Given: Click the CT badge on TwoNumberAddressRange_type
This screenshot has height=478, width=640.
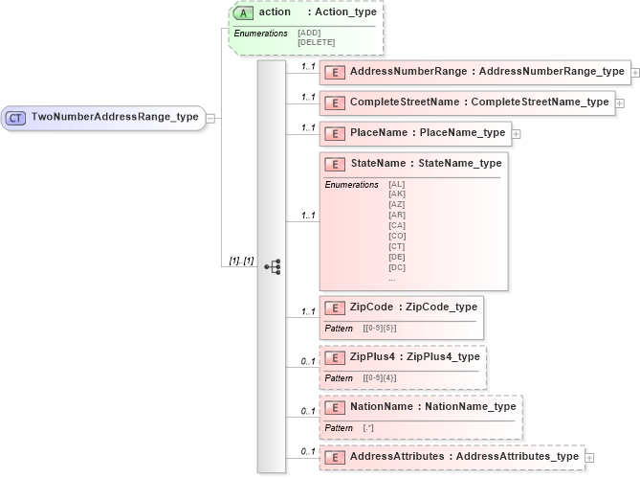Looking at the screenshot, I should pos(15,118).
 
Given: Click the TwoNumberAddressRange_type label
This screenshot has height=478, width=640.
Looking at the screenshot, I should pos(115,118).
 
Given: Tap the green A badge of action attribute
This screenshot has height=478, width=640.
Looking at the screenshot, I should pos(244,12).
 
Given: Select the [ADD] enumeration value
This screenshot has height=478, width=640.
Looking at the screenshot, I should pos(309,33).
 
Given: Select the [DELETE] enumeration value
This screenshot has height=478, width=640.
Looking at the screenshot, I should pos(316,42).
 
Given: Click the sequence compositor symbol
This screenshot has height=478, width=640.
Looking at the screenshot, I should pos(272,266).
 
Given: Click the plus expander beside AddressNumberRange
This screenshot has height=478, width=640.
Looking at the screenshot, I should pos(635,72).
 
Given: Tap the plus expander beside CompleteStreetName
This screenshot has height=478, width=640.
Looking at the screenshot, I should pos(620,102).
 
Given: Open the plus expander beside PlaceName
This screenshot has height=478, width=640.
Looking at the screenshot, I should pos(517,133).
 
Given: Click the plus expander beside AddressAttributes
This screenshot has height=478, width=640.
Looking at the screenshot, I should pos(590,457).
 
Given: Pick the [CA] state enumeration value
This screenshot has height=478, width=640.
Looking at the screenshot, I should pos(397,225).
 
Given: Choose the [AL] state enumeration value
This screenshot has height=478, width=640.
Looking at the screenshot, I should pos(397,183).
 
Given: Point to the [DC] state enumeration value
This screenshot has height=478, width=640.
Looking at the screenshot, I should pos(397,267).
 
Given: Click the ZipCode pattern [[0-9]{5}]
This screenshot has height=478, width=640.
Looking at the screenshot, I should pos(380,328).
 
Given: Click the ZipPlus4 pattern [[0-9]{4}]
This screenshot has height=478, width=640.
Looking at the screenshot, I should pos(380,377).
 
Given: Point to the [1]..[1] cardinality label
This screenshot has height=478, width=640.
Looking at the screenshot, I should pos(241,261).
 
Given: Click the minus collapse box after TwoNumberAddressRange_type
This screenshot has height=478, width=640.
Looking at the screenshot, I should pos(210,118).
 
